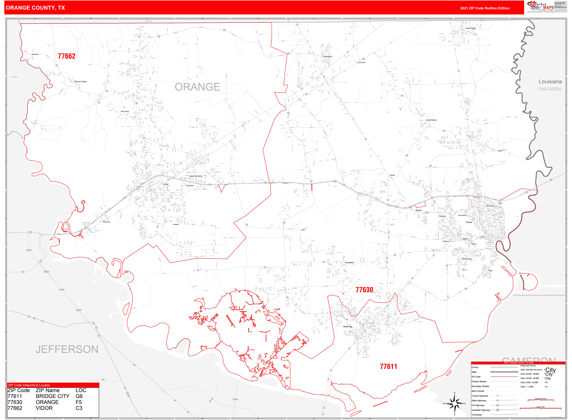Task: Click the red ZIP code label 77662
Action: coord(66,56)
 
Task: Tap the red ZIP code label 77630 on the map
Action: coord(364,290)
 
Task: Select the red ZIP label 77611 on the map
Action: coord(388,367)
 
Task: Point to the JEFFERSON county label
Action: coord(67,349)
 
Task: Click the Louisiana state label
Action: coord(550,82)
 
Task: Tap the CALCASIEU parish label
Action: coord(550,89)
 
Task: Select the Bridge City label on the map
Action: coord(347,327)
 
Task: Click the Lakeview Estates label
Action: coord(81,82)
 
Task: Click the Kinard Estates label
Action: coord(431,120)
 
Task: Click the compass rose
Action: coord(455,404)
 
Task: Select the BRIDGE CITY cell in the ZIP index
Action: coord(52,396)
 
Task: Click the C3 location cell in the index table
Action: coord(79,408)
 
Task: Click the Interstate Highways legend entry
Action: coord(481,410)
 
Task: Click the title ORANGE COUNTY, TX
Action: coord(35,8)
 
